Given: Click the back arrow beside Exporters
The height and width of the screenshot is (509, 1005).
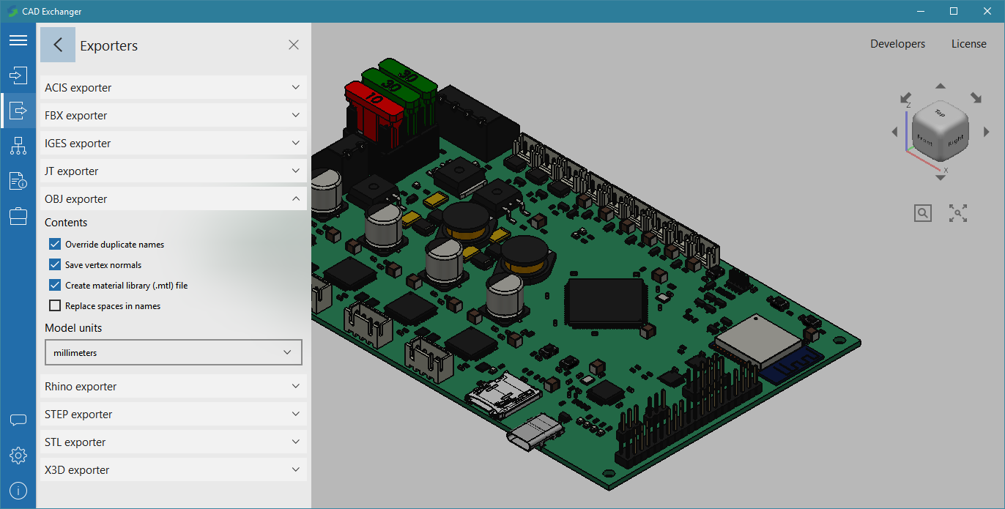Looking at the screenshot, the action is [x=58, y=45].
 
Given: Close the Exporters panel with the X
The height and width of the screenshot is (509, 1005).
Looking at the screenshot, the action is [x=294, y=45].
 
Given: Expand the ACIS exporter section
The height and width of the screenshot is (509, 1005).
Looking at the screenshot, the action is [x=173, y=87].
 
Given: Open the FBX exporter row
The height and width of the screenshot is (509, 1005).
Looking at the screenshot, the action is [x=173, y=115].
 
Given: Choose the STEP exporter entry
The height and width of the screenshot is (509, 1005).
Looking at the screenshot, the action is [x=173, y=414].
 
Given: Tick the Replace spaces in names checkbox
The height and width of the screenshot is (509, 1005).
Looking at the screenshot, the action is [x=55, y=306].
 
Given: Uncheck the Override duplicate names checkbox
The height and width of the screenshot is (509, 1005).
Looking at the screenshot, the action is [x=55, y=244].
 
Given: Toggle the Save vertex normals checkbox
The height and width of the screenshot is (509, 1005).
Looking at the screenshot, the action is [x=55, y=264].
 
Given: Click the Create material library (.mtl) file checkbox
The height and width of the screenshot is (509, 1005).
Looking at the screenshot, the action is [x=55, y=285].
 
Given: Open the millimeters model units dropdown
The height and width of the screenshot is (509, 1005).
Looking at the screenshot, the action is [x=173, y=352].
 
